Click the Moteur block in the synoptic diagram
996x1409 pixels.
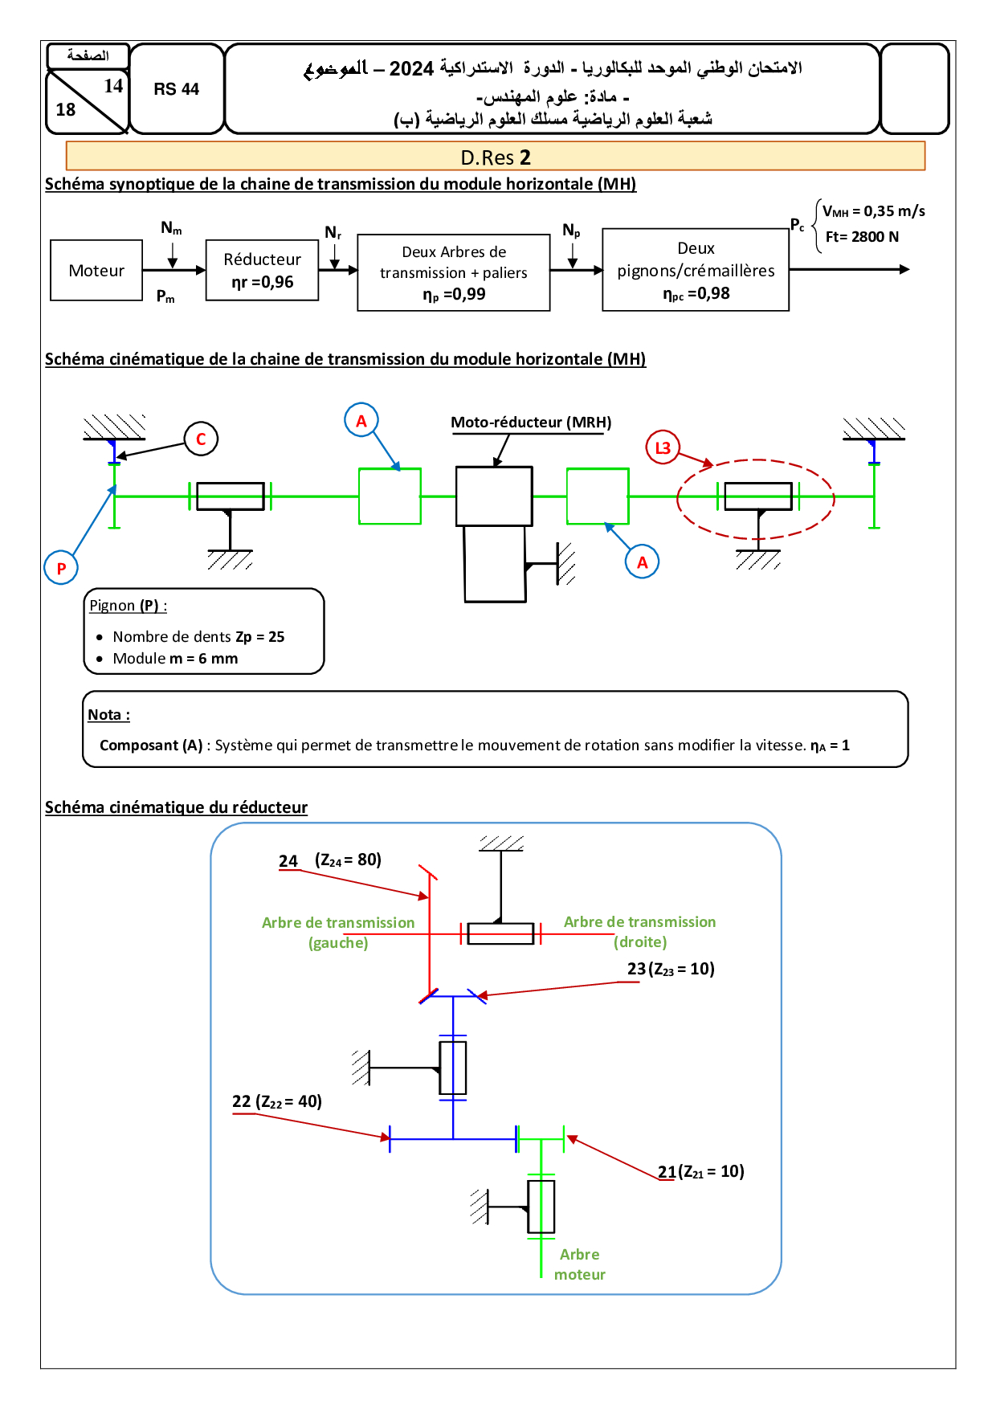coord(96,271)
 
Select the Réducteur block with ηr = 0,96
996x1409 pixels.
coord(263,271)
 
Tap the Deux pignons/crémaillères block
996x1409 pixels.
coord(696,270)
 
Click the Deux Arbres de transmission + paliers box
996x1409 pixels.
coord(454,272)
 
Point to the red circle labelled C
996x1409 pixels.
coord(201,439)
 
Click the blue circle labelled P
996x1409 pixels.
coord(61,568)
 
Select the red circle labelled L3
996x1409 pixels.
coord(663,447)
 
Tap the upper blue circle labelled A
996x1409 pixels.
coord(361,420)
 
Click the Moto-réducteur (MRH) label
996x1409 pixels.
coord(531,423)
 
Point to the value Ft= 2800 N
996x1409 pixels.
coord(862,237)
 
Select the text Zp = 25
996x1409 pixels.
coord(260,637)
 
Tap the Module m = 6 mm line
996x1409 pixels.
coord(175,659)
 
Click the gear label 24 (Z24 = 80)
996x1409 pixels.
coord(330,860)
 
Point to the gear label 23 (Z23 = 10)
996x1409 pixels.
coord(671,969)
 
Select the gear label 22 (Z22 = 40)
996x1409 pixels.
coord(277,1101)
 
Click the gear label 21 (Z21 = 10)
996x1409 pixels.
coord(701,1171)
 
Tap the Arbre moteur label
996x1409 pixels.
coord(580,1264)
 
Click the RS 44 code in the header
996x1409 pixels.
coord(177,89)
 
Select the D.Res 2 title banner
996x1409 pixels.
coord(496,157)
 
